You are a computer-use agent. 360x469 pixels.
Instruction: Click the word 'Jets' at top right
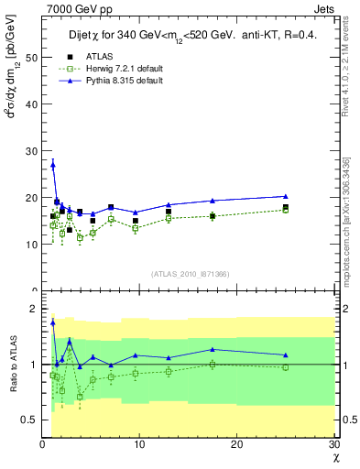[324, 8]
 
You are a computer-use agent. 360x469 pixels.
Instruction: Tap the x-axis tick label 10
[140, 444]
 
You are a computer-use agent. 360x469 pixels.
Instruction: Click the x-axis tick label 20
[237, 444]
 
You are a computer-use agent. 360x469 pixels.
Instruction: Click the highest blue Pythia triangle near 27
[52, 164]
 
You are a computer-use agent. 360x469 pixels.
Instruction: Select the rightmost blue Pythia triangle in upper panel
[286, 196]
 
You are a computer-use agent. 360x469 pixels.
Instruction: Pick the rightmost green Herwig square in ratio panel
[286, 367]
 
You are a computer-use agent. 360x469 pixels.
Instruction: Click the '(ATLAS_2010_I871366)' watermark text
[191, 274]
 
